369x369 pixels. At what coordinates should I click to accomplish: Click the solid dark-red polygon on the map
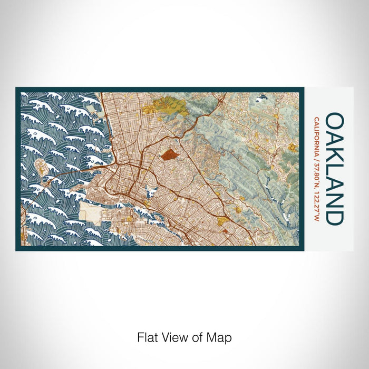(169, 154)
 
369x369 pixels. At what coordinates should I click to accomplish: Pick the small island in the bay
(41, 168)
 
